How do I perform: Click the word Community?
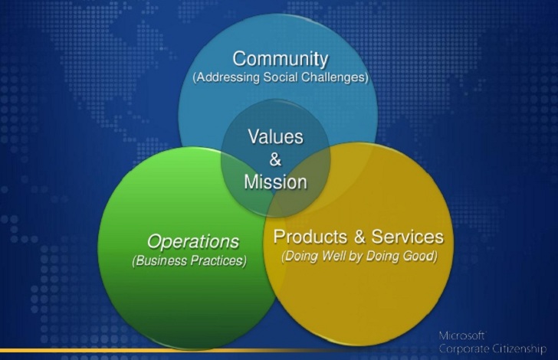click(281, 59)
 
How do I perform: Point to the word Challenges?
click(334, 77)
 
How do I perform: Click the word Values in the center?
click(275, 136)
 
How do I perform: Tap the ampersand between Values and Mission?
click(275, 159)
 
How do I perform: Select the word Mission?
click(275, 182)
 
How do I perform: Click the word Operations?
click(193, 242)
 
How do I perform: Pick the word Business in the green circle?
click(160, 260)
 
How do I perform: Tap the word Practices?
click(218, 260)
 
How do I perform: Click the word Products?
click(310, 237)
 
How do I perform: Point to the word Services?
click(408, 237)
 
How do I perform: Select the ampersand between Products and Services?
click(359, 237)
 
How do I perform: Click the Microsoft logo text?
click(462, 335)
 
